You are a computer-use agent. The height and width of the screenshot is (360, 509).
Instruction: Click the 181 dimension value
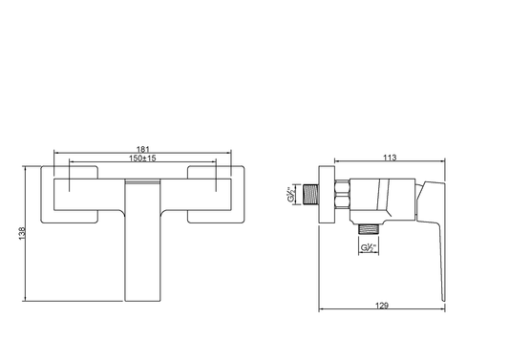(x=142, y=149)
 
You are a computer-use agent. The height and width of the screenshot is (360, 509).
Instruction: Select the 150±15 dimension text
(x=142, y=159)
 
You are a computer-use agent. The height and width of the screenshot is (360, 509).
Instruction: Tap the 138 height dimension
(x=22, y=234)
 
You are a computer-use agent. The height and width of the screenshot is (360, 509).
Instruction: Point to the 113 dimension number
(x=390, y=158)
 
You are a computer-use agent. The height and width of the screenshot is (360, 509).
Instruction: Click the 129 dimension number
(x=382, y=306)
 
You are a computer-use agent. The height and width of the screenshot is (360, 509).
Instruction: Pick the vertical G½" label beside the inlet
(x=291, y=194)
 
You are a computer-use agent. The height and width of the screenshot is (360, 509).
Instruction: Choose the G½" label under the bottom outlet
(x=369, y=248)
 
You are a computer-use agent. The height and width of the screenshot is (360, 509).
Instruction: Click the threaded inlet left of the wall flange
(x=310, y=195)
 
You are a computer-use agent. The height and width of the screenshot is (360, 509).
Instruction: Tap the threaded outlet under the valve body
(x=369, y=229)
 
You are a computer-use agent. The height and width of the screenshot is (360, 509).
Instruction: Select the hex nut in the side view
(x=342, y=194)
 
